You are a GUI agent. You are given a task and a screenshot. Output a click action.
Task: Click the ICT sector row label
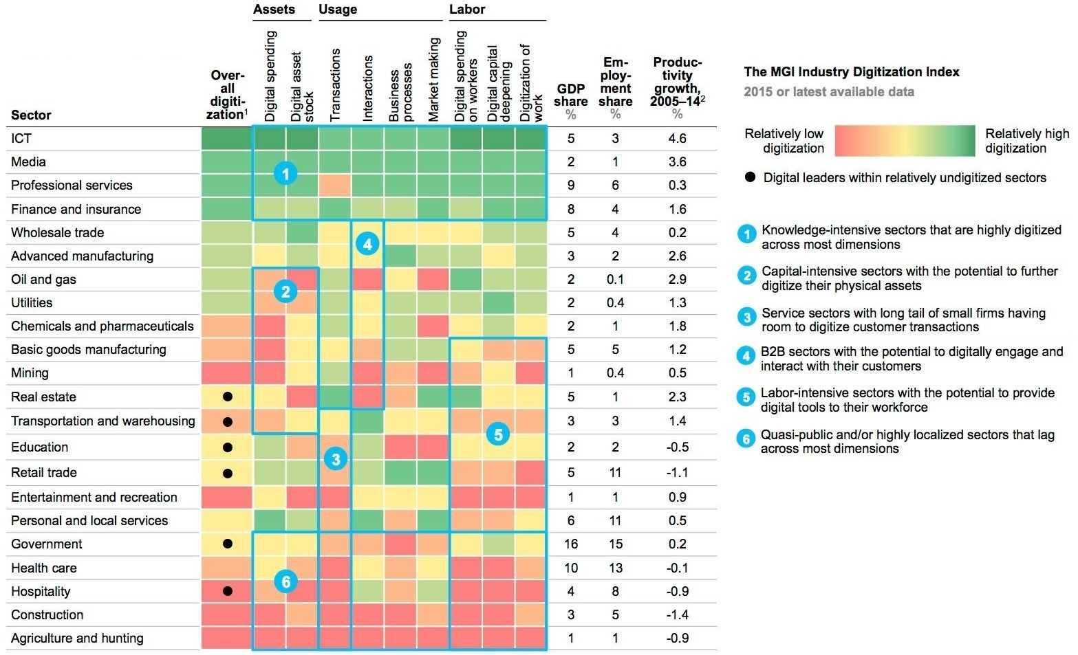tap(21, 139)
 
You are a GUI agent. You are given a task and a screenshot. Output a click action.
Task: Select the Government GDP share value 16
tap(571, 544)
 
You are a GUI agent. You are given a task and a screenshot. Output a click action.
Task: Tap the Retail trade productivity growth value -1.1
tap(677, 473)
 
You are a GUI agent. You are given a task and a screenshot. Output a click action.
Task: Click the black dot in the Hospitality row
tap(228, 591)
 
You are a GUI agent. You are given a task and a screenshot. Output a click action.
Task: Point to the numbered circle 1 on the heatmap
tap(285, 173)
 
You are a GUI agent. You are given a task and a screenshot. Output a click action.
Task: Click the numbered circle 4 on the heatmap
tap(367, 243)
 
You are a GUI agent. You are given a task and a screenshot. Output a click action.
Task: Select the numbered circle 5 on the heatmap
tap(498, 434)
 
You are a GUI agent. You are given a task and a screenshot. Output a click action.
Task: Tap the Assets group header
tap(274, 10)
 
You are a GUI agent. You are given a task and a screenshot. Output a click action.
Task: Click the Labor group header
tap(467, 10)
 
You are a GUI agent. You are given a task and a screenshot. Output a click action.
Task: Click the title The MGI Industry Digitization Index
tap(852, 72)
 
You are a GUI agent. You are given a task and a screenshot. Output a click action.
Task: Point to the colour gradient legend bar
tap(905, 141)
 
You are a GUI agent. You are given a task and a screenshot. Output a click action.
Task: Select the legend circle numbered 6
tap(746, 438)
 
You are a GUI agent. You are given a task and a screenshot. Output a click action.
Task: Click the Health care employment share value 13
tap(615, 568)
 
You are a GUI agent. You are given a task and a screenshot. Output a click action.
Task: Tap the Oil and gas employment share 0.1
tap(615, 280)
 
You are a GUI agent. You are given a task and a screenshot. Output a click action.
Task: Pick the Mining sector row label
tap(30, 373)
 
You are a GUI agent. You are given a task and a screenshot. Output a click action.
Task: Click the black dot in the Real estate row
tap(228, 397)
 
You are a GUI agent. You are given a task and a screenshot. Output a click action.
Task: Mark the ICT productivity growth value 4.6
tap(677, 139)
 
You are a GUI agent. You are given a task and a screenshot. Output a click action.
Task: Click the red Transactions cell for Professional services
tap(335, 186)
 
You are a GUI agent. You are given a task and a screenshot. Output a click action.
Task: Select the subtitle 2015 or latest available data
tap(829, 92)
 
